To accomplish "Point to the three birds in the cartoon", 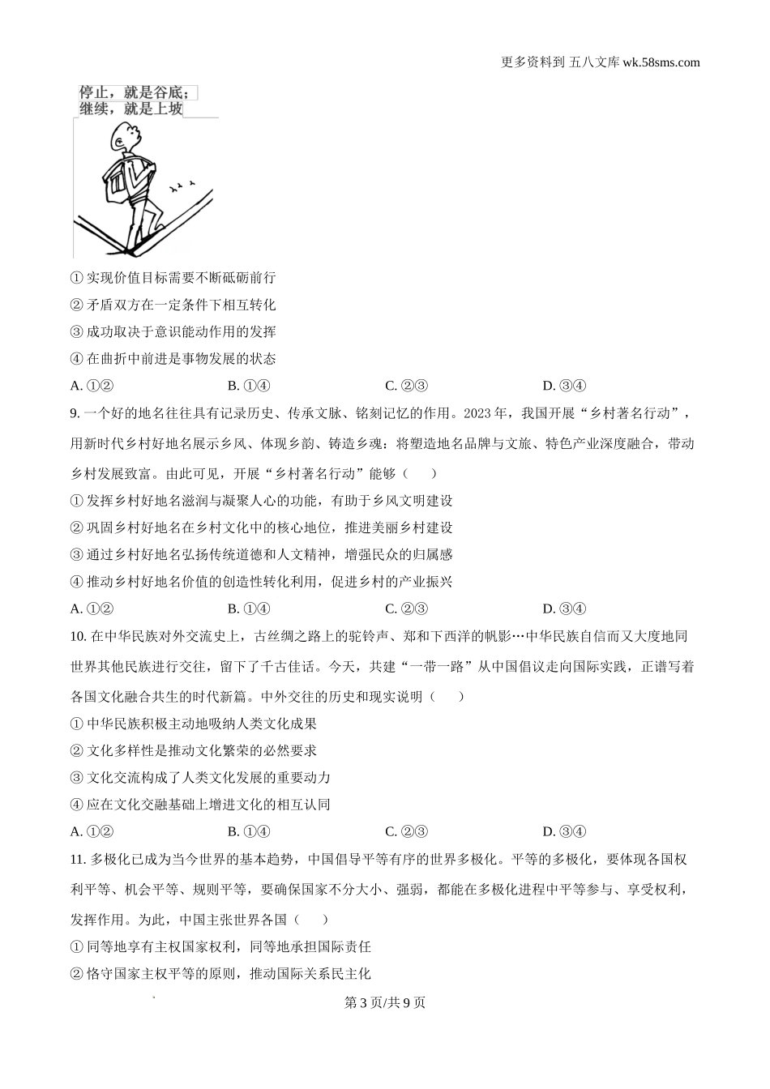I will click(x=182, y=186).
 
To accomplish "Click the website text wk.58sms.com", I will click(x=661, y=62).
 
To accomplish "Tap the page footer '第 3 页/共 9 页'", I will click(x=385, y=1002).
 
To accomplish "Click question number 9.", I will click(x=75, y=413).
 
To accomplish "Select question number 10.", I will click(x=78, y=636).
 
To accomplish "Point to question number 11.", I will click(x=78, y=859).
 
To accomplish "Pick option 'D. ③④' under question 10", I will click(x=564, y=831).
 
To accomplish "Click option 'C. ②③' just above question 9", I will click(x=406, y=386).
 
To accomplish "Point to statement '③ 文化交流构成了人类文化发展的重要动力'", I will click(x=201, y=777).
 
